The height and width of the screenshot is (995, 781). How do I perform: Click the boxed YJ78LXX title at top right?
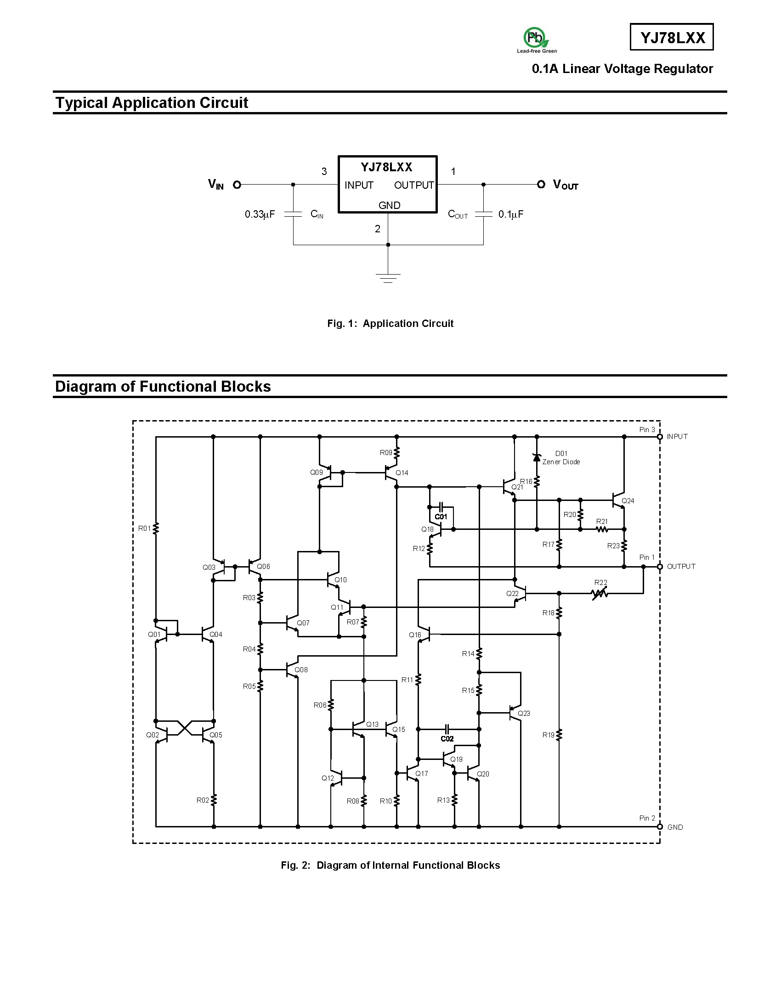pos(672,37)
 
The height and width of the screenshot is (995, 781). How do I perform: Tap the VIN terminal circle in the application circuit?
pos(237,185)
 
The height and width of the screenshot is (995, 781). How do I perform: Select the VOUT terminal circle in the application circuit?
pos(541,184)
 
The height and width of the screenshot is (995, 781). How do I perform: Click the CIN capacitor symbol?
pos(293,214)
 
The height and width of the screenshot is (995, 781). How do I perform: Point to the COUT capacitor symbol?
pos(483,214)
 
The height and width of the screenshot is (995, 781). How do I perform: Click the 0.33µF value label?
pos(260,214)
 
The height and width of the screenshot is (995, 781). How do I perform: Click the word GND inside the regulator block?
pos(389,205)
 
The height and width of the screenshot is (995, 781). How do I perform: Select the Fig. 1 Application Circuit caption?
pos(390,323)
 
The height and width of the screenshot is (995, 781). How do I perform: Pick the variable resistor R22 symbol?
pos(600,594)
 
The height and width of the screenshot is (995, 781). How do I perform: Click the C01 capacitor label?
pos(441,517)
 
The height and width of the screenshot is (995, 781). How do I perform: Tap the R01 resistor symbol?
pos(156,528)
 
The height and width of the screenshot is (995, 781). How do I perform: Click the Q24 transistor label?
pos(628,500)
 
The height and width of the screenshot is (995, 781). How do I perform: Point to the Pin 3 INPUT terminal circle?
pos(660,437)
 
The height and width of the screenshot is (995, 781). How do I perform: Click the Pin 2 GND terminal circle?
pos(660,827)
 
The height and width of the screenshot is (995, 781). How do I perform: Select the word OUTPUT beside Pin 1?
pos(681,567)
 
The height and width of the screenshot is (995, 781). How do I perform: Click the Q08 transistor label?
pos(301,669)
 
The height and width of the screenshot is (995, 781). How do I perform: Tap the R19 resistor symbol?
pos(559,735)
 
